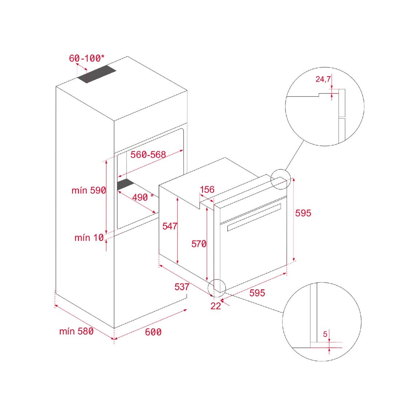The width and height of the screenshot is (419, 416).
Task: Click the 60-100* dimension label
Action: (x=87, y=58)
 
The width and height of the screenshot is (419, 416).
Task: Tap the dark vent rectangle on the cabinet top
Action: (x=97, y=74)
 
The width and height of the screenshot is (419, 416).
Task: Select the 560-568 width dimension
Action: (x=148, y=154)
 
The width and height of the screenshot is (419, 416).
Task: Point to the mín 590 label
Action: (x=89, y=190)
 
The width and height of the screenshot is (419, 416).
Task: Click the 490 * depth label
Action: (x=143, y=197)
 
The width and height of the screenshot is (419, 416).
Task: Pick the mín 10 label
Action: (x=89, y=237)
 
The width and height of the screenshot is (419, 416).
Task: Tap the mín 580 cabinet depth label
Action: (x=77, y=331)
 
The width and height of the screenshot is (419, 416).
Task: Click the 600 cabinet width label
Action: (x=153, y=332)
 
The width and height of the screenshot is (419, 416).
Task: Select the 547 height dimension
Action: (x=170, y=226)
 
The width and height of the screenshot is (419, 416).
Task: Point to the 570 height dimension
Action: (x=199, y=244)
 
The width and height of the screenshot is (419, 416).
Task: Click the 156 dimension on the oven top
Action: (x=207, y=190)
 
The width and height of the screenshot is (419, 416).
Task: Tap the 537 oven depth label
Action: (x=182, y=287)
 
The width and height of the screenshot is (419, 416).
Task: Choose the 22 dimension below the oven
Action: (x=216, y=306)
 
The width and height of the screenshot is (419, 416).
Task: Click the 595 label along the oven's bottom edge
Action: (x=257, y=293)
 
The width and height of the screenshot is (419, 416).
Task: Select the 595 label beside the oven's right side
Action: (x=303, y=213)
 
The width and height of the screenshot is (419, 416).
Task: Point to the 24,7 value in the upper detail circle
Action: (x=323, y=79)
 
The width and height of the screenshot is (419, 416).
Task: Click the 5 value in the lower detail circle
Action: (x=325, y=334)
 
